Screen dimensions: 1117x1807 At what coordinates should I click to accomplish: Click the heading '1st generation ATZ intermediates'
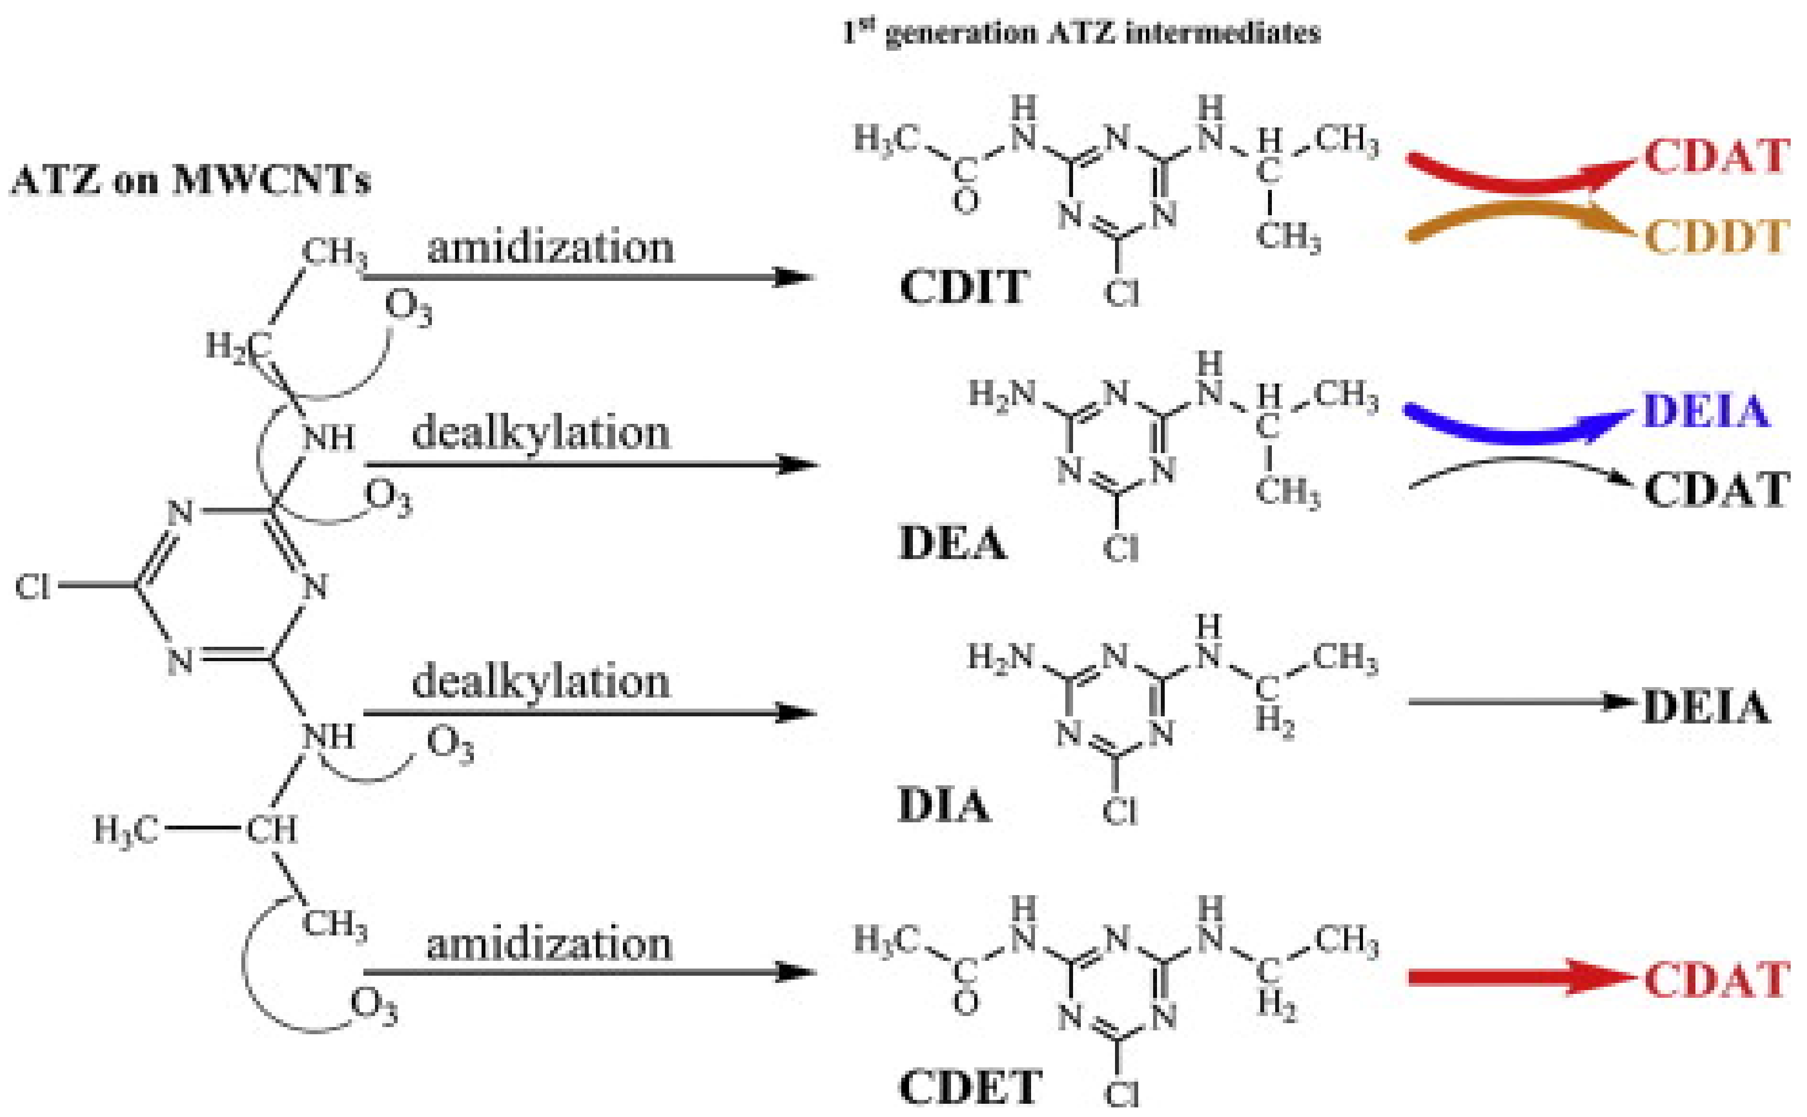[x=1081, y=33]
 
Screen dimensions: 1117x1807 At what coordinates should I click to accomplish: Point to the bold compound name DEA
[x=952, y=545]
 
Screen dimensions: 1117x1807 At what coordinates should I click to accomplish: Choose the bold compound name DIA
[x=943, y=805]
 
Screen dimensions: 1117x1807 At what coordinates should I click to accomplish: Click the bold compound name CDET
[x=970, y=1086]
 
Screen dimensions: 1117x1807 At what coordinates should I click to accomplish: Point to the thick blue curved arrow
[x=1515, y=428]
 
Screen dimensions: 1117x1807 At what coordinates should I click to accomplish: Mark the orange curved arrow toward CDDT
[x=1515, y=222]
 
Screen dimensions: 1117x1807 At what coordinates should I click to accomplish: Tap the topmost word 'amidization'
[x=551, y=247]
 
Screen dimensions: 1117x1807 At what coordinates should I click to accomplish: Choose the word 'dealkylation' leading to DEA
[x=540, y=432]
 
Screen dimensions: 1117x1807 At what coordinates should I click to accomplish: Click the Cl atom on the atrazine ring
[x=33, y=587]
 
